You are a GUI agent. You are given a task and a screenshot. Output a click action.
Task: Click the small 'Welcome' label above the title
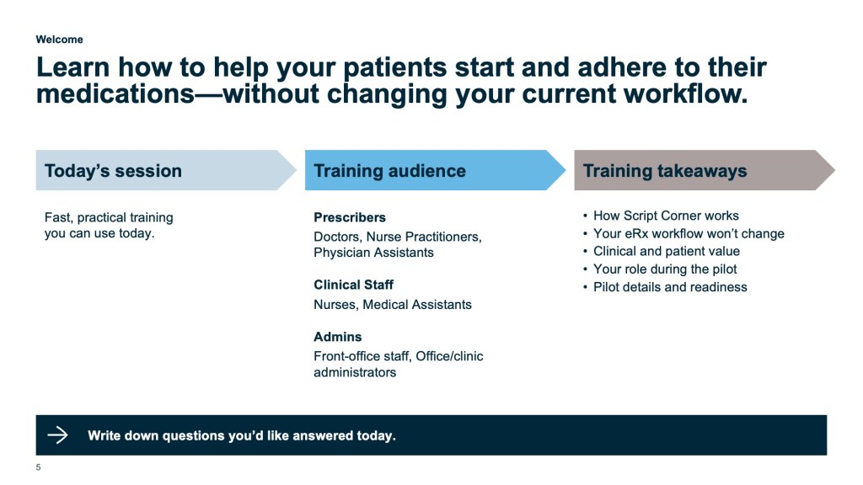click(x=60, y=40)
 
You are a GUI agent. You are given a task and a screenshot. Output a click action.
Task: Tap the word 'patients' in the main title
click(x=394, y=67)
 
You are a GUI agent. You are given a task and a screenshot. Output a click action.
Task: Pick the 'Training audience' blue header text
click(x=389, y=171)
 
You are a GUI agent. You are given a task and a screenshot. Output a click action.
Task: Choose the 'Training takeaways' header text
click(x=665, y=171)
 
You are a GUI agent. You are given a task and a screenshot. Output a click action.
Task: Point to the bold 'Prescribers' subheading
click(x=350, y=217)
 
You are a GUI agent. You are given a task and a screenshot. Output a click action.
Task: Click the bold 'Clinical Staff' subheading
click(x=353, y=285)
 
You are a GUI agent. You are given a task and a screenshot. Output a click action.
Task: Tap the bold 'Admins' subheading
click(x=337, y=337)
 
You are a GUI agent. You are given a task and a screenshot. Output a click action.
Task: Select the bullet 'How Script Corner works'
click(x=666, y=216)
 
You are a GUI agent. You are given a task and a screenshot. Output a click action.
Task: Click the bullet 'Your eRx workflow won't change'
click(x=689, y=234)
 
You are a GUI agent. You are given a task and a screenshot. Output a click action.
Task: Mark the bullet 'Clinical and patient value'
click(x=667, y=251)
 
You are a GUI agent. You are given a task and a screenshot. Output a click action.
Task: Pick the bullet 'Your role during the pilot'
click(x=665, y=269)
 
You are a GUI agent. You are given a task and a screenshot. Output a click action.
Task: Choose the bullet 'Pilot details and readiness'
click(x=670, y=287)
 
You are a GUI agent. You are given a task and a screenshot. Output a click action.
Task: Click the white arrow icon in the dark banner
click(x=57, y=435)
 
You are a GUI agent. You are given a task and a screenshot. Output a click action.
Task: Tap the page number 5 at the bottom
click(x=38, y=467)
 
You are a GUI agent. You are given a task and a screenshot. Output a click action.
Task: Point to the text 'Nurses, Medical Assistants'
click(x=393, y=305)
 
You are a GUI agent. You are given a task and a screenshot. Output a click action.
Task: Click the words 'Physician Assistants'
click(x=373, y=253)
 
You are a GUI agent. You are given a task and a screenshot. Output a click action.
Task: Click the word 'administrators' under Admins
click(x=355, y=372)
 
